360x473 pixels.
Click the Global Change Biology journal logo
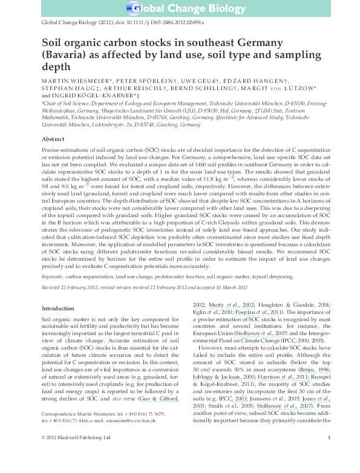click(x=180, y=8)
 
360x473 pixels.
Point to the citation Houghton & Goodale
click(x=272, y=306)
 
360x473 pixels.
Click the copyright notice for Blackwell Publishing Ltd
click(x=73, y=454)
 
